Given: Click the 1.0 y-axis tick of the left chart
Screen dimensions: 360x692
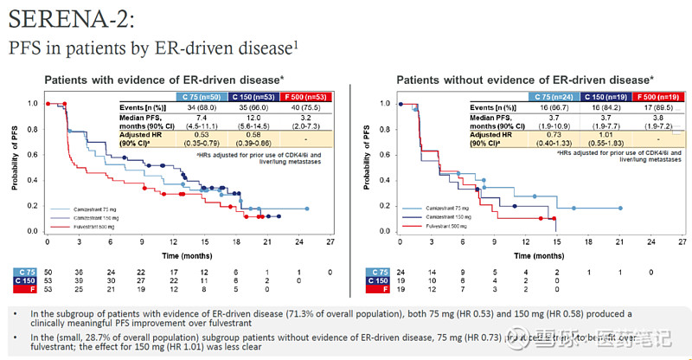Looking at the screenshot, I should pyautogui.click(x=33, y=103).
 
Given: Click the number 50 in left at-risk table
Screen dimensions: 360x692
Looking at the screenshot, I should pyautogui.click(x=49, y=272).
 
